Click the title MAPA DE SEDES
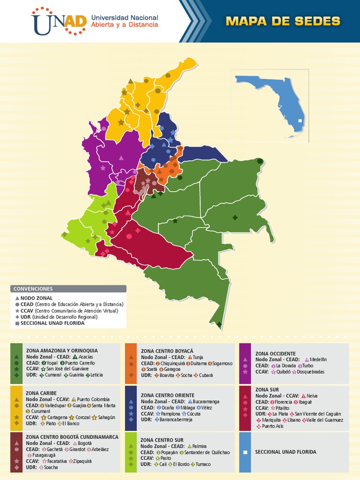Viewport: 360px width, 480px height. pyautogui.click(x=283, y=21)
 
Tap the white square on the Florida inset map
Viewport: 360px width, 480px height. pyautogui.click(x=300, y=121)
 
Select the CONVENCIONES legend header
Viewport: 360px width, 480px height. pyautogui.click(x=33, y=289)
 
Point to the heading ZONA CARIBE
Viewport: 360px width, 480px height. pyautogui.click(x=41, y=393)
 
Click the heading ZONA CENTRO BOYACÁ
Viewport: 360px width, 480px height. pyautogui.click(x=167, y=351)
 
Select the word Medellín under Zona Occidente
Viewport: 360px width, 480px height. pyautogui.click(x=318, y=360)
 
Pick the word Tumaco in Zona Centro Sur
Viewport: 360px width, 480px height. pyautogui.click(x=203, y=464)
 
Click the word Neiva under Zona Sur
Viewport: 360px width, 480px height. pyautogui.click(x=312, y=396)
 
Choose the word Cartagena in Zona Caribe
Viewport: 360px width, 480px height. pyautogui.click(x=58, y=417)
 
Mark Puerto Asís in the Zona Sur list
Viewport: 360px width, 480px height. pyautogui.click(x=273, y=426)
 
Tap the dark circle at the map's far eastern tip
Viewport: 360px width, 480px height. pyautogui.click(x=260, y=161)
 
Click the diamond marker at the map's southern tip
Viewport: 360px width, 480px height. pyautogui.click(x=219, y=324)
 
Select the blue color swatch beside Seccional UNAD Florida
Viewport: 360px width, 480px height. pyautogui.click(x=245, y=452)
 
